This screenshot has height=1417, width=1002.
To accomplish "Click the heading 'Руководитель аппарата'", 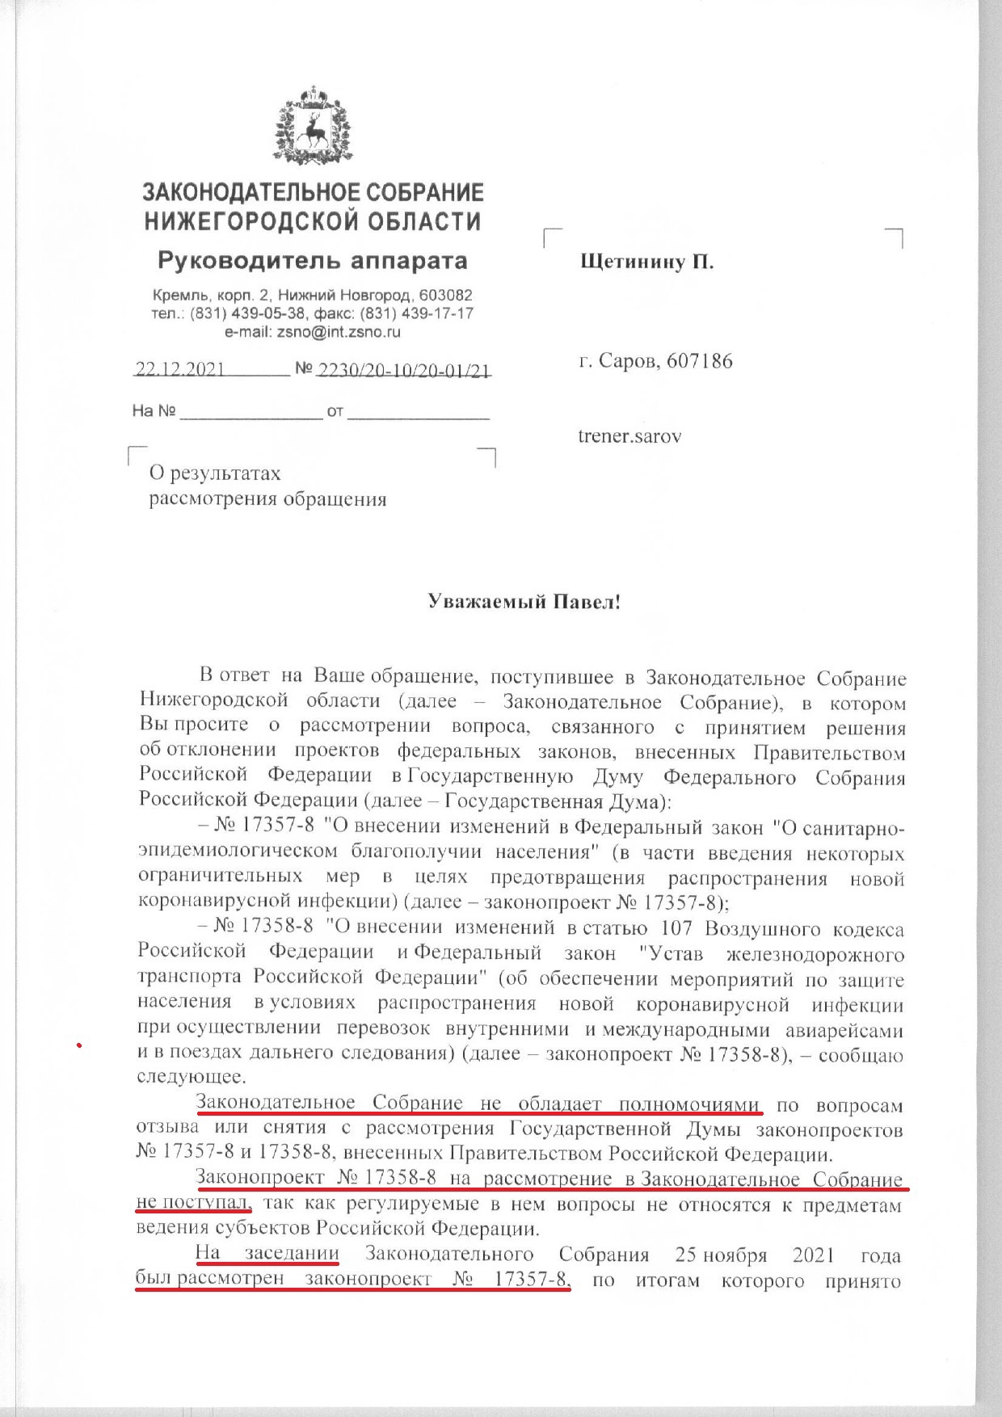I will [x=312, y=261].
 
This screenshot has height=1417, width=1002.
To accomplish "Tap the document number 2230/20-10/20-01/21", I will [x=404, y=370].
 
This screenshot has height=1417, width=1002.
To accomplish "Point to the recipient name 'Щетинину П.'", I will [x=646, y=262].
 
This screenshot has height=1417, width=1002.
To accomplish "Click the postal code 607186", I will [x=699, y=360].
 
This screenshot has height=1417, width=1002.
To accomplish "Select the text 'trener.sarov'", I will [x=629, y=435].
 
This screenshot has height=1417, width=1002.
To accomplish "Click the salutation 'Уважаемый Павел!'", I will [x=524, y=602].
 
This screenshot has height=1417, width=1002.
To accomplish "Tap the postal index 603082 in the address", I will [x=444, y=296].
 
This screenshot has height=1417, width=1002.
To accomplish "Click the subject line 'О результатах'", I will [x=215, y=473].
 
